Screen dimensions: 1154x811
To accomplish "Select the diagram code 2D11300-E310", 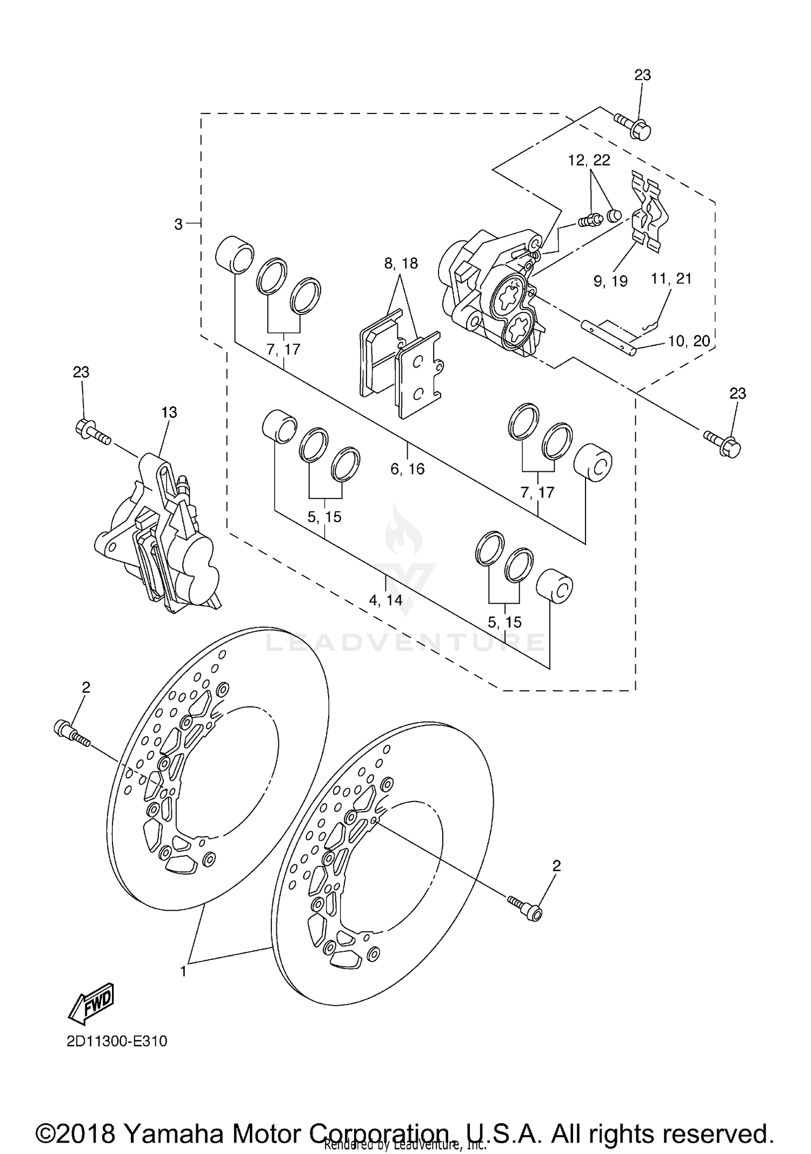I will (x=117, y=1041).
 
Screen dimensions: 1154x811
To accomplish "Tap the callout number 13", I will (x=169, y=412).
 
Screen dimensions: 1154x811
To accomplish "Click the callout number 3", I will (x=178, y=224).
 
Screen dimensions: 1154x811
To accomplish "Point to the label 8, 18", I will (x=401, y=264).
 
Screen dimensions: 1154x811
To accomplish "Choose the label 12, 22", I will (x=589, y=160).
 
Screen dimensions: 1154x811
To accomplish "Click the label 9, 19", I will (x=610, y=281).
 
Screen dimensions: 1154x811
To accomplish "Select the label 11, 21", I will (x=671, y=279).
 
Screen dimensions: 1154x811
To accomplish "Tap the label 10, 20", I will (x=689, y=341).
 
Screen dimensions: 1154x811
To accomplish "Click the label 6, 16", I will (x=408, y=469).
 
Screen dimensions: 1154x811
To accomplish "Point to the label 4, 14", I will (x=385, y=600).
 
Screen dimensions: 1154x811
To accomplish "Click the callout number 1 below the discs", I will (x=183, y=971).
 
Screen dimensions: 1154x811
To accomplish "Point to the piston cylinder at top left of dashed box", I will (x=234, y=252).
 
